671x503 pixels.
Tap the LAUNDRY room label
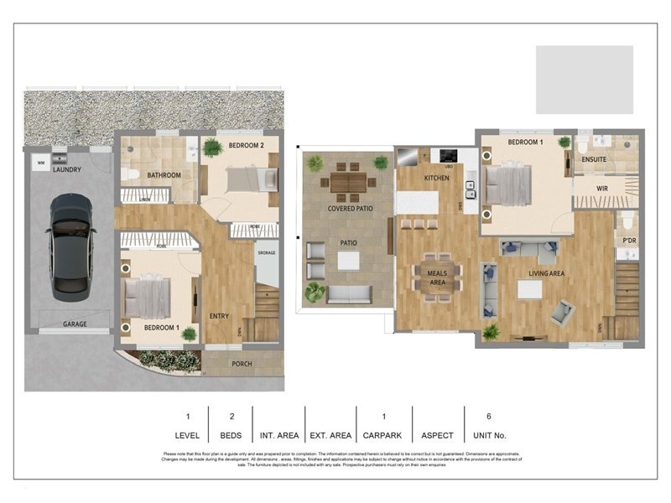pos(67,169)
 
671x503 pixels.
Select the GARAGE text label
pos(76,324)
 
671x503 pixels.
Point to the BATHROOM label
pos(164,175)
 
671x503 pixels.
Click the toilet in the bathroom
pos(130,174)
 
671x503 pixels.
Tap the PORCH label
pos(242,364)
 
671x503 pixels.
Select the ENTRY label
pos(219,316)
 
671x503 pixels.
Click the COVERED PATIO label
pos(349,208)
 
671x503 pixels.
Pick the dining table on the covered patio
pos(348,180)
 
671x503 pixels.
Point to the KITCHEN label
pos(436,178)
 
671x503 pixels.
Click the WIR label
pos(601,189)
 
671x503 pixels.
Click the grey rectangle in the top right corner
pos(584,79)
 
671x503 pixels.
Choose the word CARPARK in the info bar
pos(383,435)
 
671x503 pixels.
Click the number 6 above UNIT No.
pos(488,416)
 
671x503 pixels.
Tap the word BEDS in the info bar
pos(231,435)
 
